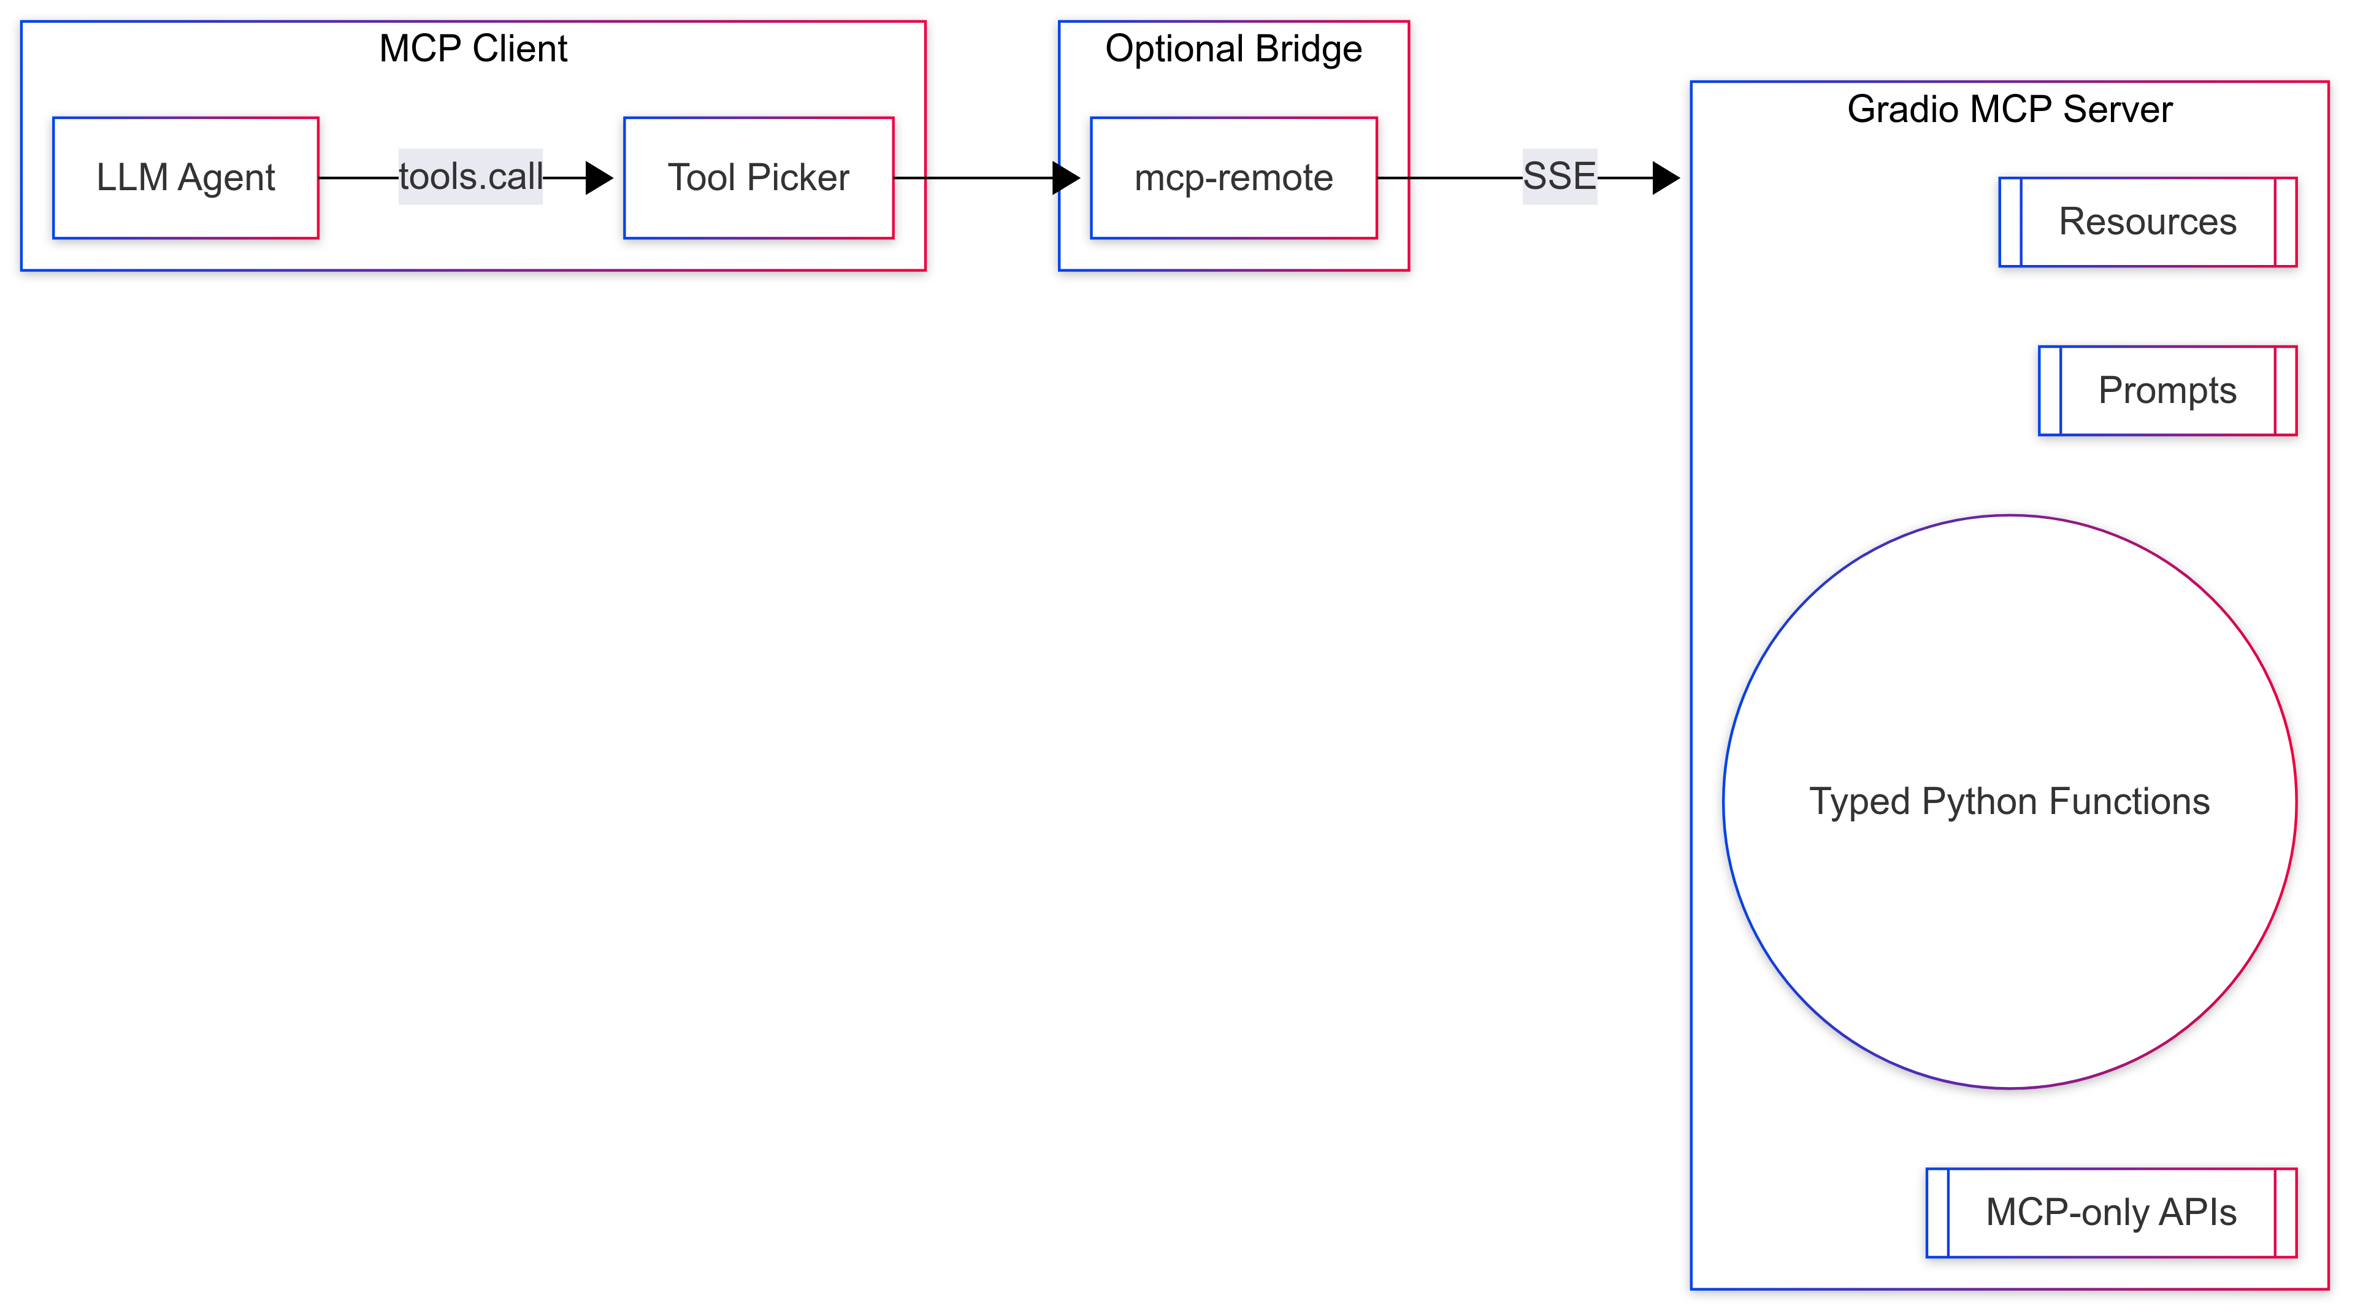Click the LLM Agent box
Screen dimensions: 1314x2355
click(186, 177)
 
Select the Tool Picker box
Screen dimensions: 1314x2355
click(758, 177)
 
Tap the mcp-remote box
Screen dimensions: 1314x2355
click(1233, 177)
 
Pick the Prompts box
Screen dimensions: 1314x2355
click(2167, 390)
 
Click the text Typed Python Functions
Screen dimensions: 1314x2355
click(2010, 802)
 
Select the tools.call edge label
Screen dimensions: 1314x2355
click(470, 177)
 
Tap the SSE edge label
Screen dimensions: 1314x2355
click(1559, 175)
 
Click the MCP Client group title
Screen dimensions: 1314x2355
click(473, 48)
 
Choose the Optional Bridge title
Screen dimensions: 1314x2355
click(1233, 48)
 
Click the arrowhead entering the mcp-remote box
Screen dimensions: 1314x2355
click(1066, 177)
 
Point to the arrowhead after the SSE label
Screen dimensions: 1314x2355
click(1666, 177)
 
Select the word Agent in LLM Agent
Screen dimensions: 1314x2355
click(227, 177)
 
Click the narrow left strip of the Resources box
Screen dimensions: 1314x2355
click(2010, 222)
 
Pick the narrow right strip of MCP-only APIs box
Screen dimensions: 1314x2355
click(2284, 1213)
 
